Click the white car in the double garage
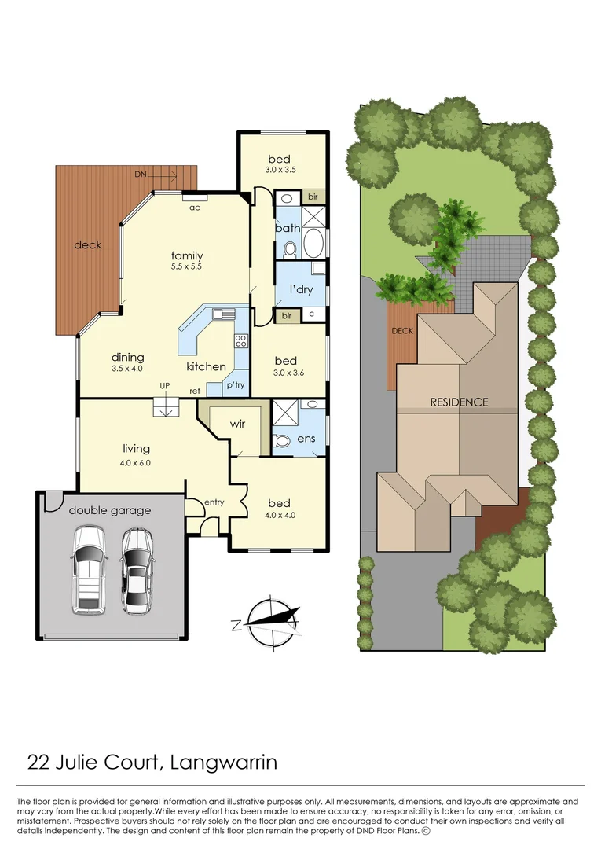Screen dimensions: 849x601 tap(90, 570)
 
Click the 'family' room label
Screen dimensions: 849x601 tap(187, 255)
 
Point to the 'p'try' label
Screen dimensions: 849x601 tap(235, 385)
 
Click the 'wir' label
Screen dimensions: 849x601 tap(237, 424)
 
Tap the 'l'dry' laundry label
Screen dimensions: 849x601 tap(301, 290)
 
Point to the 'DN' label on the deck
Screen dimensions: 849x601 tap(140, 173)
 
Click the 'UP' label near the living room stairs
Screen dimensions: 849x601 tap(164, 386)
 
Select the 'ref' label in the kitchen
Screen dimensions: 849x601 tap(193, 391)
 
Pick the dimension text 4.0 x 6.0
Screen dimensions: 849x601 tap(135, 463)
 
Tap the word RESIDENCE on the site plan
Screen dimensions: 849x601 tap(459, 402)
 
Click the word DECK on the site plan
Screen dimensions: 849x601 tap(402, 331)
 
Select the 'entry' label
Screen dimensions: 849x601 tap(214, 502)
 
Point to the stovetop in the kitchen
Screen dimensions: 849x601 tap(241, 340)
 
